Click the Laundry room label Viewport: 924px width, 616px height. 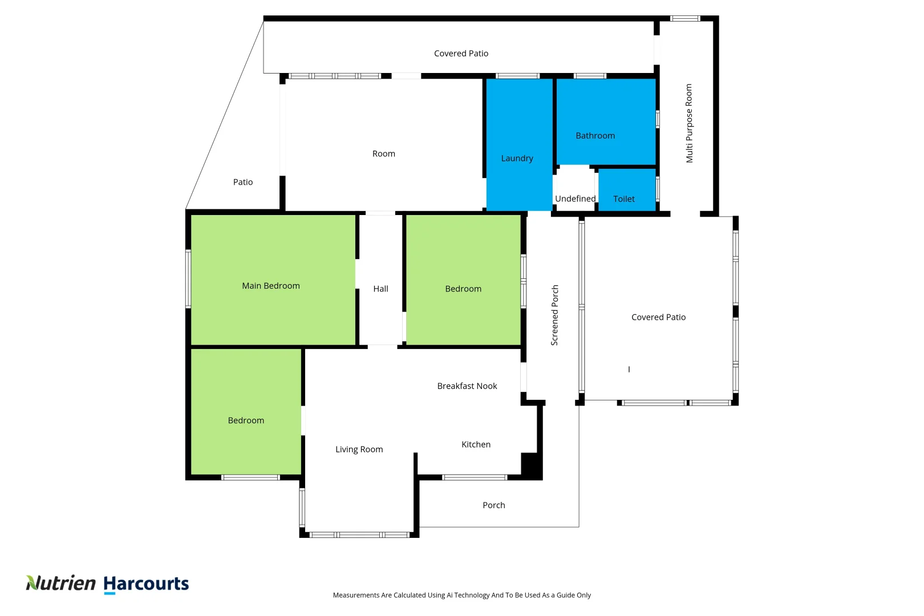point(517,159)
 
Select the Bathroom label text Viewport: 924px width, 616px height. point(595,136)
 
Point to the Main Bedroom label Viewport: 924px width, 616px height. point(270,286)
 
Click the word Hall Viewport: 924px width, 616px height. point(380,289)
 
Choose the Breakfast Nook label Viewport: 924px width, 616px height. point(467,386)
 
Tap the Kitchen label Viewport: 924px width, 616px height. point(476,444)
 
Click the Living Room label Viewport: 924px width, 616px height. point(359,449)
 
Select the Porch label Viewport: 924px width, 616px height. point(493,505)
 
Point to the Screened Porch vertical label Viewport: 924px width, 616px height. point(554,315)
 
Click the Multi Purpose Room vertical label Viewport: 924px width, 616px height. point(689,123)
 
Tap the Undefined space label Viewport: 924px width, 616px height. point(575,198)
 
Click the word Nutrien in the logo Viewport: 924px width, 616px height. point(61,583)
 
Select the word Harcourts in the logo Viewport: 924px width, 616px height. point(146,583)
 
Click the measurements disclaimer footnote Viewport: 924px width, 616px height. point(461,595)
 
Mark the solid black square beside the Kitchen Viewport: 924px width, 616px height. point(530,464)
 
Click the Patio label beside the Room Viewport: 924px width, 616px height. point(242,182)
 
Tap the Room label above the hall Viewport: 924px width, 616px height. point(383,154)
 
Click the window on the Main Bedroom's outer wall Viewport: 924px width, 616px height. point(188,279)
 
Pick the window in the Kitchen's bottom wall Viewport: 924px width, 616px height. point(475,477)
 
